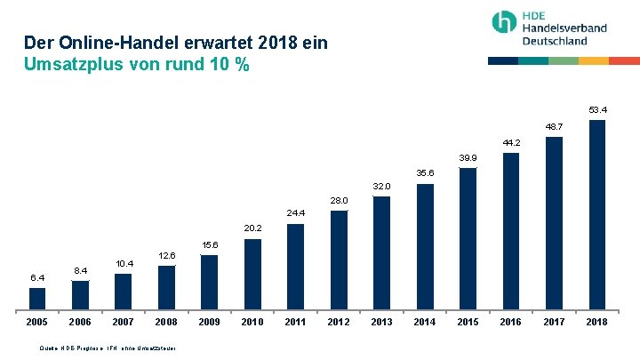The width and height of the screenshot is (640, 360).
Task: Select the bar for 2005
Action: pos(37,297)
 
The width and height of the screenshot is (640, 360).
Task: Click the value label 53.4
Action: pos(597,110)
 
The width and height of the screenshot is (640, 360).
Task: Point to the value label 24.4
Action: pos(296,213)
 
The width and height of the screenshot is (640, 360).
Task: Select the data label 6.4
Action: pos(37,278)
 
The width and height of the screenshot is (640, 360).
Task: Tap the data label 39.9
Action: pos(468,157)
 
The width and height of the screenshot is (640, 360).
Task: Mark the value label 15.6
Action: pos(210,244)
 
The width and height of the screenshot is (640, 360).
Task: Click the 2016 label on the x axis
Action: pos(510,322)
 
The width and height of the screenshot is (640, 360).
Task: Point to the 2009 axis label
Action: pos(210,322)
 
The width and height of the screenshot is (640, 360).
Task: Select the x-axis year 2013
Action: pos(381,322)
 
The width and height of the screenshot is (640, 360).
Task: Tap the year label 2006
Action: pos(80,322)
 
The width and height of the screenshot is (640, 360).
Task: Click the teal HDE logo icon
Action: pos(505,23)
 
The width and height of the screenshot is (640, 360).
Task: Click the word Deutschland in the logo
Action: pos(555,41)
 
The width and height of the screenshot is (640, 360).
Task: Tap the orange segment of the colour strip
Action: pos(594,60)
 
